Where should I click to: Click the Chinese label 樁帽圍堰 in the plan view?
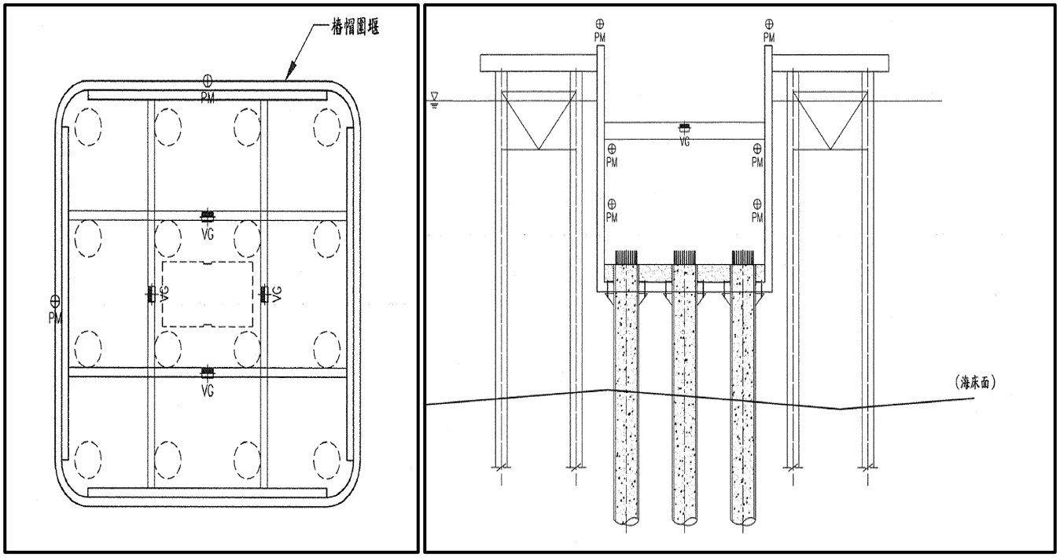(x=349, y=28)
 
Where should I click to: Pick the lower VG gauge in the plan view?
(x=208, y=371)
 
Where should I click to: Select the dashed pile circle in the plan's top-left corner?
(x=87, y=126)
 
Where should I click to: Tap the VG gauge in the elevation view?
(x=684, y=127)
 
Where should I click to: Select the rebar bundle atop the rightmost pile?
(x=743, y=258)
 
